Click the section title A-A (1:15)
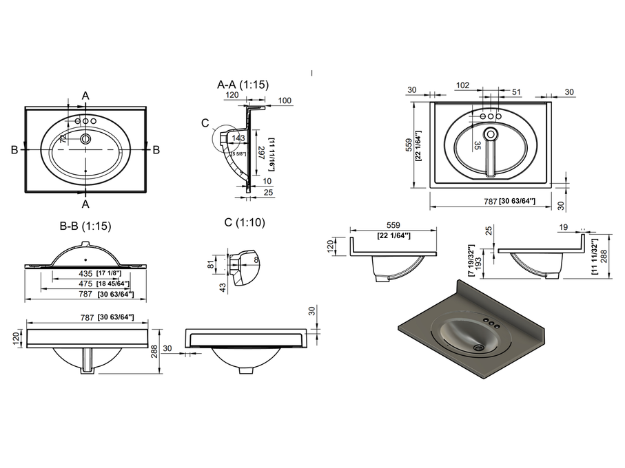click(x=243, y=85)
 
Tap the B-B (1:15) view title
click(x=85, y=225)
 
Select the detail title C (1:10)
click(x=244, y=222)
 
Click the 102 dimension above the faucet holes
click(x=463, y=86)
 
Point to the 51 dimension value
click(x=516, y=92)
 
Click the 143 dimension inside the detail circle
click(x=238, y=138)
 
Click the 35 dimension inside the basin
click(x=477, y=145)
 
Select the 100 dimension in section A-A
click(x=285, y=101)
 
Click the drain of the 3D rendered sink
click(x=478, y=348)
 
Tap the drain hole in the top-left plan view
click(x=85, y=139)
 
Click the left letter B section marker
click(x=14, y=149)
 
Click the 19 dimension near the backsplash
click(x=564, y=227)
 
